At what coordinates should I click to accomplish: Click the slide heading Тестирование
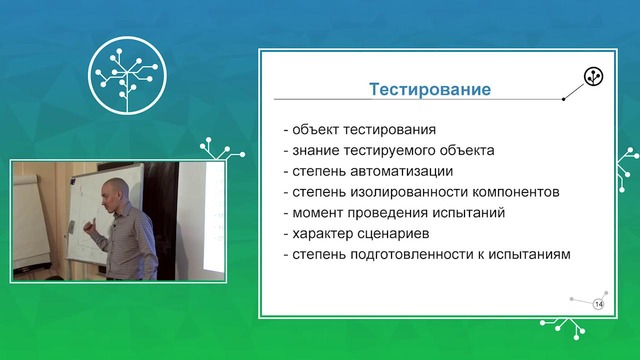pos(430,90)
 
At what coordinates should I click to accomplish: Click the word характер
pos(322,234)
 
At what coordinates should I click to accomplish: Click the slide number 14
pos(599,303)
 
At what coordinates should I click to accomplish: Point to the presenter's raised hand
pos(88,227)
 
